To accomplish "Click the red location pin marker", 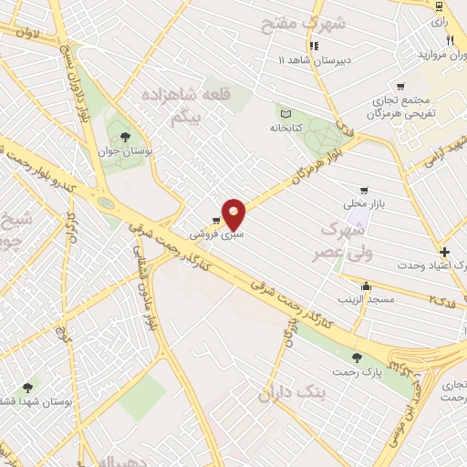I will pyautogui.click(x=235, y=213).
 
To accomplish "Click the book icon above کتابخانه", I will pyautogui.click(x=285, y=115).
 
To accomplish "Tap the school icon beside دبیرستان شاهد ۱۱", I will pyautogui.click(x=314, y=46).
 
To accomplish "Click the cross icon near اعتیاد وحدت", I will pyautogui.click(x=444, y=252).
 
